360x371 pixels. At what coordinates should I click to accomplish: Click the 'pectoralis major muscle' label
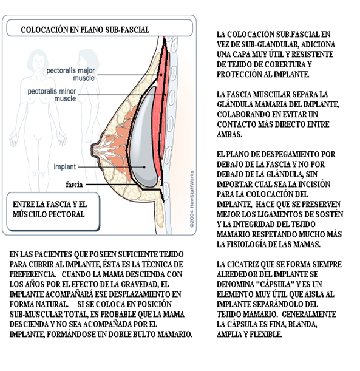(70, 74)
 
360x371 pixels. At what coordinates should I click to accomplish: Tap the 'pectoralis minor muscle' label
(52, 95)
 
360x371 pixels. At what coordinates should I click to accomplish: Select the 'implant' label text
(65, 167)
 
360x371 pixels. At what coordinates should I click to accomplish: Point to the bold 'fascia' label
(74, 185)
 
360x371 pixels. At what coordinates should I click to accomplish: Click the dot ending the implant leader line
(144, 167)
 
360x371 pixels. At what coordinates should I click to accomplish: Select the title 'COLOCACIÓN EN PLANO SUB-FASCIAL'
(85, 30)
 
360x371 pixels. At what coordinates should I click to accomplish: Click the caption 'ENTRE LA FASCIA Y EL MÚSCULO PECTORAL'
(50, 209)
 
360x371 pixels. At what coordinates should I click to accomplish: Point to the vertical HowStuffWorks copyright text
(192, 199)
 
